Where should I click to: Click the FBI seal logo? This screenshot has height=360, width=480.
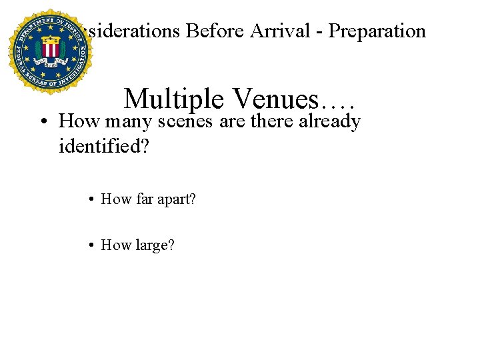click(x=48, y=51)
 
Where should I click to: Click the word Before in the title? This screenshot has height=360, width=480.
click(x=217, y=31)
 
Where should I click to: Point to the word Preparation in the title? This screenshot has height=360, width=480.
click(x=379, y=31)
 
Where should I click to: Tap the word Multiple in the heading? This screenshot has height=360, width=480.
click(x=173, y=99)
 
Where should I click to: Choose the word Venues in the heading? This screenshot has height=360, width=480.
click(x=281, y=99)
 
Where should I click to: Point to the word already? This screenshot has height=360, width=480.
click(x=330, y=122)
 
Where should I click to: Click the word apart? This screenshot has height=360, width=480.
click(x=173, y=199)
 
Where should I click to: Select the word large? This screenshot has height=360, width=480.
click(x=151, y=245)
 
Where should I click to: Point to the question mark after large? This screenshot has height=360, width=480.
click(x=171, y=245)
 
